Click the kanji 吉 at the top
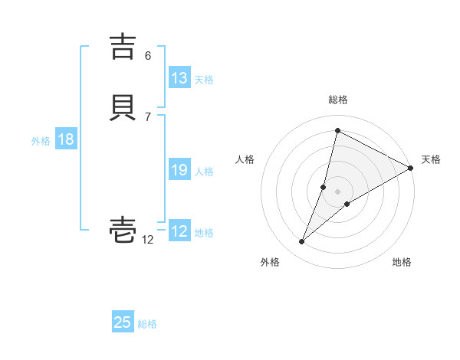click(x=123, y=47)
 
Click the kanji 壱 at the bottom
click(x=123, y=229)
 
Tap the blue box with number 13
click(x=179, y=78)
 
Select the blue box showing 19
click(x=179, y=170)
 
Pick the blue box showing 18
click(x=65, y=139)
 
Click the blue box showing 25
click(x=123, y=322)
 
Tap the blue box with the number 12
click(x=179, y=231)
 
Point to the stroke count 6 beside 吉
click(x=148, y=56)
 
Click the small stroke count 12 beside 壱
click(x=148, y=239)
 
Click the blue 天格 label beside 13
click(x=204, y=80)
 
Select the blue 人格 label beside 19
click(x=204, y=172)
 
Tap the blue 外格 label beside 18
click(x=41, y=141)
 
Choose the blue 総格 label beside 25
click(x=147, y=324)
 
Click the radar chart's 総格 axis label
click(x=338, y=100)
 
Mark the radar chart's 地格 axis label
click(x=402, y=262)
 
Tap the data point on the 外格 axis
click(x=302, y=242)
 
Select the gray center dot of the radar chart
click(x=338, y=191)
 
